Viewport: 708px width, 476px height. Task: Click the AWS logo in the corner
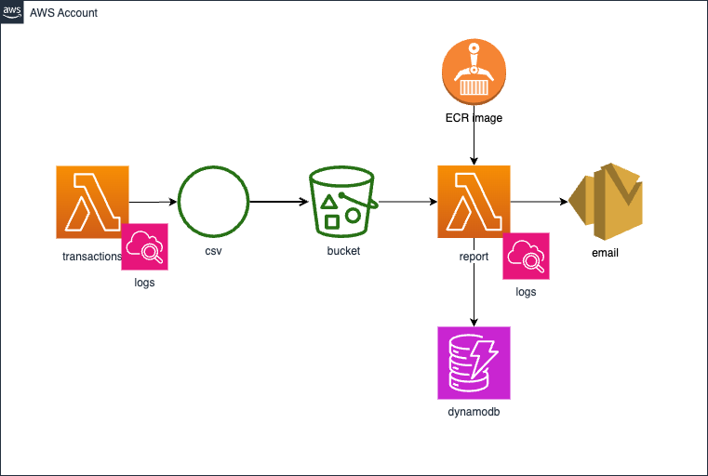12,12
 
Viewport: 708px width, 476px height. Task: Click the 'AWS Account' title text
64,13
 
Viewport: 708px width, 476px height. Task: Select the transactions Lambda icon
92,201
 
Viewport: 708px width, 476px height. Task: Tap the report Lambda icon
474,201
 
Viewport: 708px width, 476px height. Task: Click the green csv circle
213,201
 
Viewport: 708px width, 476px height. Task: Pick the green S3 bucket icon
341,201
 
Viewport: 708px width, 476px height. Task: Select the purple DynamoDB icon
474,362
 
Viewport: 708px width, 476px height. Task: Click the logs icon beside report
526,256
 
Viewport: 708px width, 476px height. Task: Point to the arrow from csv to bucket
279,201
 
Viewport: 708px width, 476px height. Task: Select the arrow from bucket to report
406,201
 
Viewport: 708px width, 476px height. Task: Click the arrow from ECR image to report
474,145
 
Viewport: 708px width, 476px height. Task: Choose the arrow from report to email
540,201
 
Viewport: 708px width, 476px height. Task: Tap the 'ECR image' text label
474,119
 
